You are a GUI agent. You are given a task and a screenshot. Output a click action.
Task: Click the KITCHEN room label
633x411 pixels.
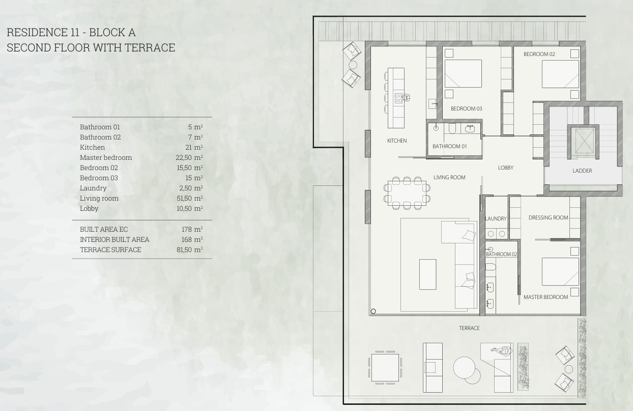click(x=397, y=141)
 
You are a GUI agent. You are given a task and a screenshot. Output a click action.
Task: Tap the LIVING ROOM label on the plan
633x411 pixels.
click(x=449, y=177)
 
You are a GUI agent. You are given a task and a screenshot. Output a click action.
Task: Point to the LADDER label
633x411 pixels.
click(x=582, y=171)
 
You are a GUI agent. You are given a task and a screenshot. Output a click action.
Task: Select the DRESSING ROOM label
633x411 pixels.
click(x=548, y=217)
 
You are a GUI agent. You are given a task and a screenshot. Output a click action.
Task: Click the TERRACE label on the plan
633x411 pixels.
click(x=469, y=328)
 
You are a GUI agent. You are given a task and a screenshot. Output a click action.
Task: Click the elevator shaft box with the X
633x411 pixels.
click(x=584, y=141)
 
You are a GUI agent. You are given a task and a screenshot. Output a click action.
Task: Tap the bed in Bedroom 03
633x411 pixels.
click(x=463, y=73)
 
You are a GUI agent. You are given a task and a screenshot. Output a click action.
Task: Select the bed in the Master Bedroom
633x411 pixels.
click(x=560, y=272)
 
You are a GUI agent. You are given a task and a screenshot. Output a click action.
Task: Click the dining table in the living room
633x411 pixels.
click(x=407, y=193)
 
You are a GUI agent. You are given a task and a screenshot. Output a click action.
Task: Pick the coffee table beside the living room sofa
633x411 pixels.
click(x=427, y=275)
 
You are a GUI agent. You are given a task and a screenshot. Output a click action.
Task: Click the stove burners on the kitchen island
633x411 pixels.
click(x=399, y=98)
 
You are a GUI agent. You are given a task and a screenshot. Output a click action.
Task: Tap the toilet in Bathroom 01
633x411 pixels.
click(x=452, y=128)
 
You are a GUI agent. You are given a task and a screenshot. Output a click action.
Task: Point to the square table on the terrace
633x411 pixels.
click(x=385, y=368)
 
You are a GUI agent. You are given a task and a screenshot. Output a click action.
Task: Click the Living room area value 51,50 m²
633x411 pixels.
click(x=190, y=198)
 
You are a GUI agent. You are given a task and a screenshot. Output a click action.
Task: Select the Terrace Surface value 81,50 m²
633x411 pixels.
click(x=190, y=250)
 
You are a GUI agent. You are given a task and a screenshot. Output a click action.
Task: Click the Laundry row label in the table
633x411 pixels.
click(x=93, y=188)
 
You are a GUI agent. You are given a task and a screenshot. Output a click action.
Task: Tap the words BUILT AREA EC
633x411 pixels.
click(x=104, y=229)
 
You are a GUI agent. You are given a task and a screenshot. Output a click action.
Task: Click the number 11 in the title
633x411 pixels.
click(x=75, y=33)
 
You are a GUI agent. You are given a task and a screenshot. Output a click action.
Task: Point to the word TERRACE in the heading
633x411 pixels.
click(x=150, y=47)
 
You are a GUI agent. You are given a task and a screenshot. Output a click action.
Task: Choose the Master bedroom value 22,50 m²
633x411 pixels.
click(x=189, y=157)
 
